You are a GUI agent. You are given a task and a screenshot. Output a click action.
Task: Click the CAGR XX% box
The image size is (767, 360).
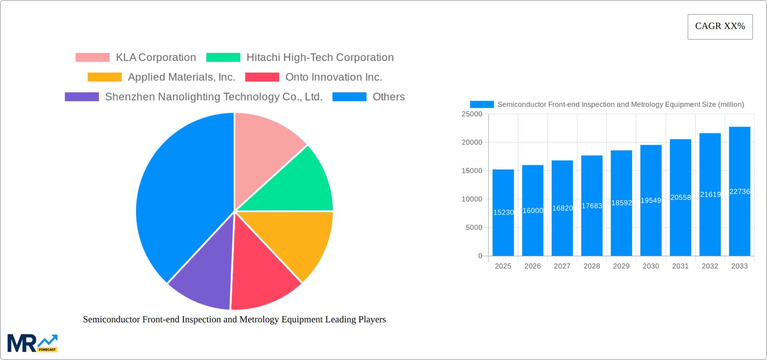pos(720,27)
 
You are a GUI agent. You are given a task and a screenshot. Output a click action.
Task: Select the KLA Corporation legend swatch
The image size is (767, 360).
pos(92,58)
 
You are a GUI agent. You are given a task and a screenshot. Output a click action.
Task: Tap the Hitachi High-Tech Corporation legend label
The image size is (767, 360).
pos(320,58)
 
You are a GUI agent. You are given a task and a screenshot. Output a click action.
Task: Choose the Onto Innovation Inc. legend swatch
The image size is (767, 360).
pos(262,77)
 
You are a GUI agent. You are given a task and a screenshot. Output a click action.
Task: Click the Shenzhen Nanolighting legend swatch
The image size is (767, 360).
pos(81,97)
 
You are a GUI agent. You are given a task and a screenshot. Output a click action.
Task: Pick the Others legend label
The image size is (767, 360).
pos(388,97)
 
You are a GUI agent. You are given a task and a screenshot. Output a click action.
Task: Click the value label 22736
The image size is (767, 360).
pos(739,192)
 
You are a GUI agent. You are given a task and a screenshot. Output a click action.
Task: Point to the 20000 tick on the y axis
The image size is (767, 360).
pos(472,143)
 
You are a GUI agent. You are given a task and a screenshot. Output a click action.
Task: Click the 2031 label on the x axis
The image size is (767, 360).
pos(680,266)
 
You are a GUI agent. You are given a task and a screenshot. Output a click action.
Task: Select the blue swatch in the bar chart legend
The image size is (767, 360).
pos(482,105)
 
